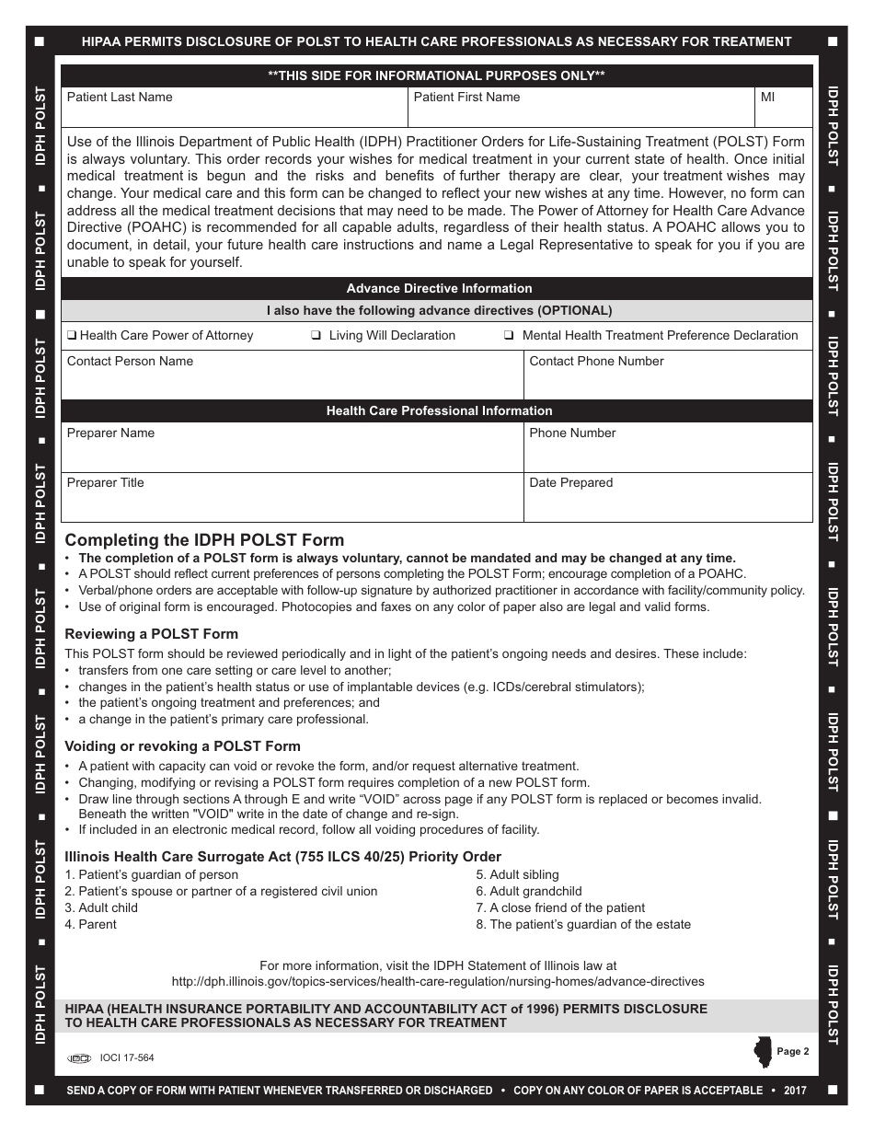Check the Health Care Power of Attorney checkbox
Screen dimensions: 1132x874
pos(72,336)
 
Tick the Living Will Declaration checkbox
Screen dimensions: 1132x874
pos(316,336)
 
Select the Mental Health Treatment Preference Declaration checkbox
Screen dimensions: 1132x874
pos(509,336)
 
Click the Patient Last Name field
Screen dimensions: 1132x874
pos(235,111)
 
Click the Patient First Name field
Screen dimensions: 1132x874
pos(581,111)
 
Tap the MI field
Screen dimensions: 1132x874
pos(783,111)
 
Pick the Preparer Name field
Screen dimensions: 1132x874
pos(292,450)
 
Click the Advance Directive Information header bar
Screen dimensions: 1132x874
pos(438,288)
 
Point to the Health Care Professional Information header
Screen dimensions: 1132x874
pos(438,410)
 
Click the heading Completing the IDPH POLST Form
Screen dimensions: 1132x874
pos(204,540)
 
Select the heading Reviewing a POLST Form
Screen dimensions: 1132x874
pos(151,633)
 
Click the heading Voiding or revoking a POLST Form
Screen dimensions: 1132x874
pos(182,746)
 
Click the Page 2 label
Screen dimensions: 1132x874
pos(792,1051)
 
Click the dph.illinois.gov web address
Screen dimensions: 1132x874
pos(438,982)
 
